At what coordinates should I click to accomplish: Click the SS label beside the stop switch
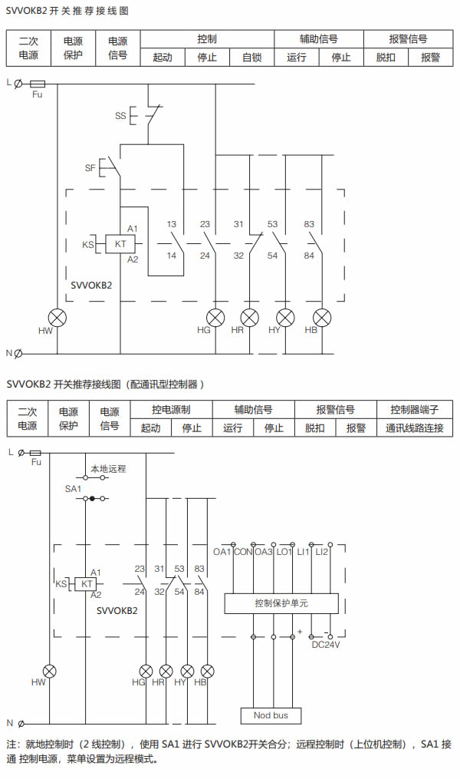pyautogui.click(x=120, y=116)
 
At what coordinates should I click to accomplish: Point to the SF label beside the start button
pyautogui.click(x=90, y=167)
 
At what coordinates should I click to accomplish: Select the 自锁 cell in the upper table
pyautogui.click(x=252, y=57)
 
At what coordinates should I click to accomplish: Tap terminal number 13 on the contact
pyautogui.click(x=172, y=224)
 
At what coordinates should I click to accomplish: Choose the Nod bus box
pyautogui.click(x=271, y=715)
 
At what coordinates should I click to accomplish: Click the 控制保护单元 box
pyautogui.click(x=281, y=604)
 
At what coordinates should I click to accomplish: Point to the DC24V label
pyautogui.click(x=325, y=645)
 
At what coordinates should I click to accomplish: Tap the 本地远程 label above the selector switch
pyautogui.click(x=108, y=467)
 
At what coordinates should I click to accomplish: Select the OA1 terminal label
pyautogui.click(x=222, y=552)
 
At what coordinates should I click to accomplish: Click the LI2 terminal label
pyautogui.click(x=321, y=552)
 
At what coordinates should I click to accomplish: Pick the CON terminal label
pyautogui.click(x=243, y=552)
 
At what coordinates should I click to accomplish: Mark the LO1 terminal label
pyautogui.click(x=284, y=552)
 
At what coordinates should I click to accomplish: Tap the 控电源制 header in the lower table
pyautogui.click(x=171, y=410)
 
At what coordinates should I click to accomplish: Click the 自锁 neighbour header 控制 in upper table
pyautogui.click(x=207, y=38)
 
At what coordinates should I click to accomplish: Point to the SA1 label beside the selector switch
pyautogui.click(x=73, y=488)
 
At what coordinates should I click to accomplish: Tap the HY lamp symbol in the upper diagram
pyautogui.click(x=285, y=317)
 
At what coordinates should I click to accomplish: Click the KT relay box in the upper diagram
pyautogui.click(x=120, y=244)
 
